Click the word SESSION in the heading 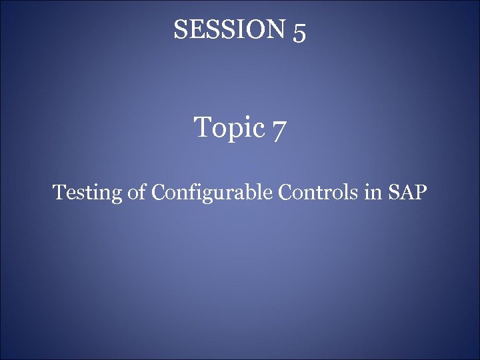[229, 29]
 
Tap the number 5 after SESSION [299, 31]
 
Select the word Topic [229, 126]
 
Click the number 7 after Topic [279, 128]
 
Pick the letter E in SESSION [196, 29]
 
